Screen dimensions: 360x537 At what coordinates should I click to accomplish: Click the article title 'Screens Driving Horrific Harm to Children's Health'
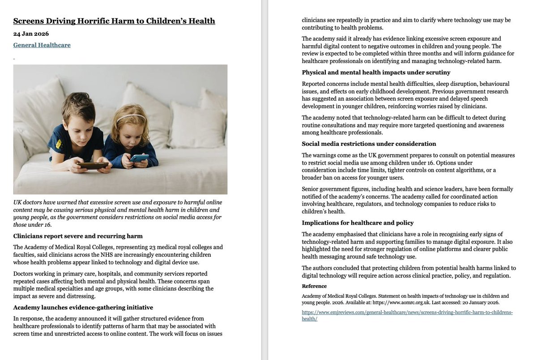114,21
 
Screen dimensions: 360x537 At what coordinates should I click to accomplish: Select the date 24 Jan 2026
31,34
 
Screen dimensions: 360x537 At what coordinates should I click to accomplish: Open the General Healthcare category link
42,45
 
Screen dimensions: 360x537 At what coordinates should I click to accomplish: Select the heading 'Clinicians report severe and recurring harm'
78,236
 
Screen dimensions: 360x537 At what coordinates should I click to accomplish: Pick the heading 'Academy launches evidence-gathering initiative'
83,307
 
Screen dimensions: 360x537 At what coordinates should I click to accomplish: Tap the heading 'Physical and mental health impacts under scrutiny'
376,72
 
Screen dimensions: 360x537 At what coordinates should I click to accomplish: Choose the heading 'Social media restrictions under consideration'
369,144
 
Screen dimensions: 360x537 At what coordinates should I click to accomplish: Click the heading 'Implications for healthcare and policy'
358,223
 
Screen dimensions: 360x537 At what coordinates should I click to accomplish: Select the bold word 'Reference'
314,286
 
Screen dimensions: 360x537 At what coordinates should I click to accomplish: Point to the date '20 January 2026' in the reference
482,303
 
